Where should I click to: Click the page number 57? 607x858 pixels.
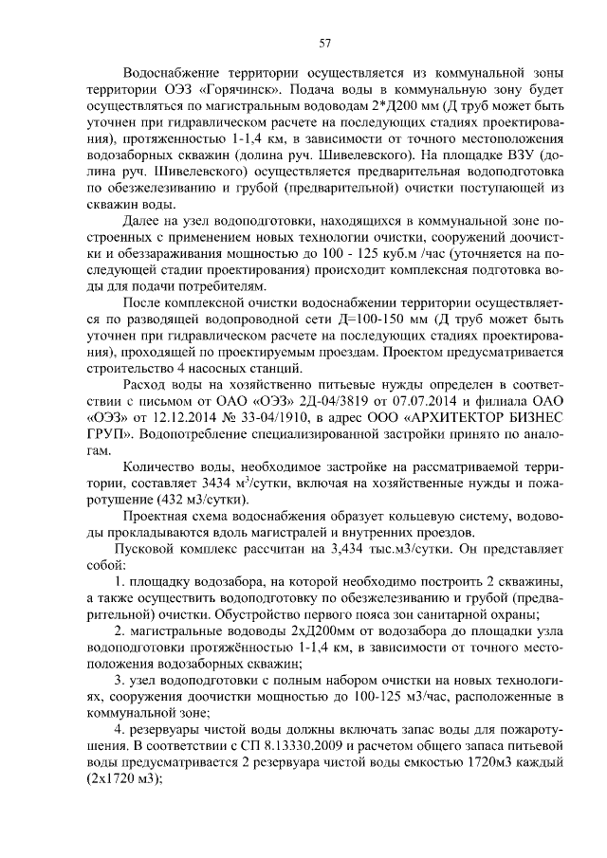324,42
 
